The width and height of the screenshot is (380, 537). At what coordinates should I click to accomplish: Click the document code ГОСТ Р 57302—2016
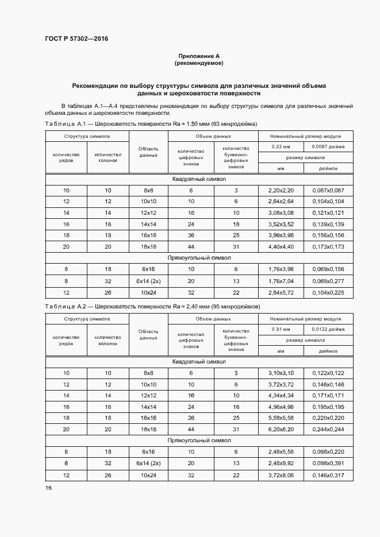point(76,39)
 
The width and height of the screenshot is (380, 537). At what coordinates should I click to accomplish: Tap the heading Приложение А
point(199,56)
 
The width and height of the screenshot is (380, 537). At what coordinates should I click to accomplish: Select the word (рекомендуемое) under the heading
point(199,63)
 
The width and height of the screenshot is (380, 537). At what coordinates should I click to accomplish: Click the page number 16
point(48,488)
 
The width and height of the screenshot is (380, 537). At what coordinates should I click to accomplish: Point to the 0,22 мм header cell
point(281,147)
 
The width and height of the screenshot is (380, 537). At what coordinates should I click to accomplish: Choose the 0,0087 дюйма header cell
point(328,147)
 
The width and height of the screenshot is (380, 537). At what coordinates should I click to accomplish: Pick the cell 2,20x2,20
point(281,190)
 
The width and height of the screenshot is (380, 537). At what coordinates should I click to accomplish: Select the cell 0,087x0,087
point(328,190)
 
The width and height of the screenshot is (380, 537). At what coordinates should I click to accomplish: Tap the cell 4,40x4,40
point(281,246)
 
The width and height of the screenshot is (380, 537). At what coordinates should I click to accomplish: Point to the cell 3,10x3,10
point(281,373)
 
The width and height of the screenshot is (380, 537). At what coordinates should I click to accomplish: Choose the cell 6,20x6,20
point(281,429)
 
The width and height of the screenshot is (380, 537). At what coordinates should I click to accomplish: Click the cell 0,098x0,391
point(328,462)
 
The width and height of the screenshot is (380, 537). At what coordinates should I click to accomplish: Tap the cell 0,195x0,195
point(328,407)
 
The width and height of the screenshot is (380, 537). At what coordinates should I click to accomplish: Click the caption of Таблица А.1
point(151,124)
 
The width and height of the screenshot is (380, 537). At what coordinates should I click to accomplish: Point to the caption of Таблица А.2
point(152,307)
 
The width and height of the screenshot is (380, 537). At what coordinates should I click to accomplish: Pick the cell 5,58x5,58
point(281,418)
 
